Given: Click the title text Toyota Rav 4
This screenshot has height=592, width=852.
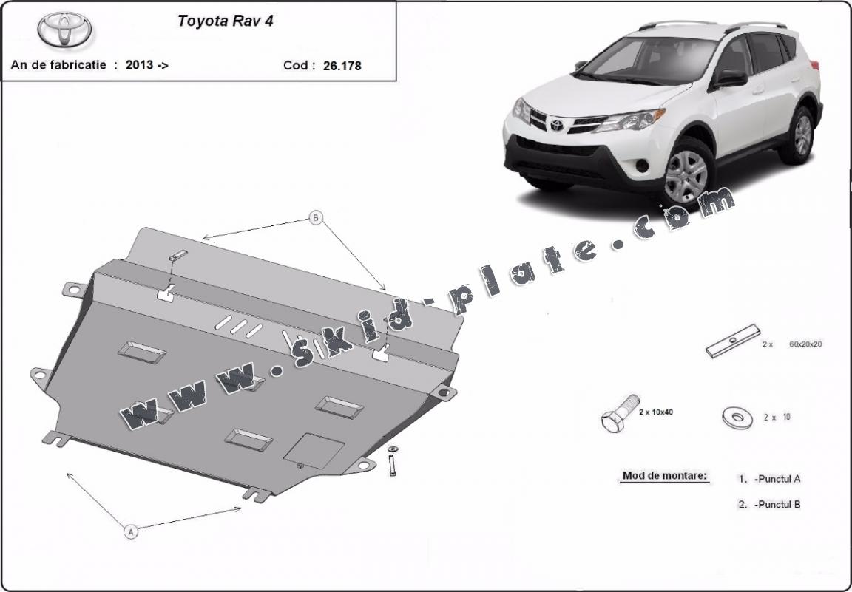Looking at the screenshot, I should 226,21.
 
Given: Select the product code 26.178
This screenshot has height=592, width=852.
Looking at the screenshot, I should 342,65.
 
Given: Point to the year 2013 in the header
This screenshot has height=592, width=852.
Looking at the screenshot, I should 139,64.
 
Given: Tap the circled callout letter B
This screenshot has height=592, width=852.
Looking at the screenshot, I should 317,218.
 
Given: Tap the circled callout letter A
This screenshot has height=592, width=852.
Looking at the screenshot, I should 131,531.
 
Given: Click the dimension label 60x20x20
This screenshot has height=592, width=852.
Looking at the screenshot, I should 806,344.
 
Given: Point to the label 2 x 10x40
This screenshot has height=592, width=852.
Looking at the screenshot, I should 655,412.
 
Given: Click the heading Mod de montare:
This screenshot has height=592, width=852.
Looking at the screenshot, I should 664,476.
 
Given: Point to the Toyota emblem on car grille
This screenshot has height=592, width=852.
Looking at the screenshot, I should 556,125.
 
